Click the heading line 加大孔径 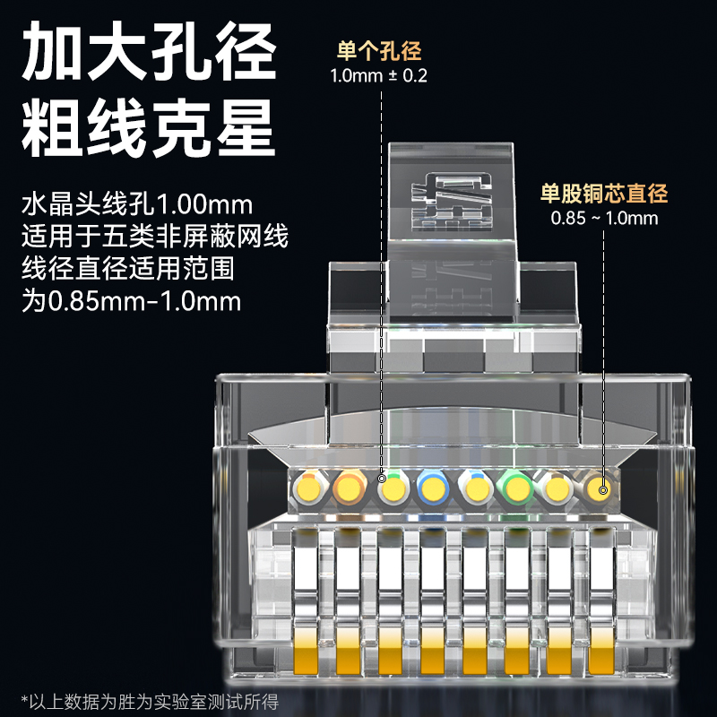149,51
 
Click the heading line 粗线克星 149,129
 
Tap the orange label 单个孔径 379,51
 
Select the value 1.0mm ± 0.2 378,75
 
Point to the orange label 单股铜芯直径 604,193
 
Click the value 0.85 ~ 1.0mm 604,218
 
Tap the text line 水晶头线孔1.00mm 137,204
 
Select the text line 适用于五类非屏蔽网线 154,237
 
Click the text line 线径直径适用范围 128,268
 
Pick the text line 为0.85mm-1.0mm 131,301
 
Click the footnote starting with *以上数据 150,702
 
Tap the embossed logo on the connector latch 453,200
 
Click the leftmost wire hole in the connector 309,490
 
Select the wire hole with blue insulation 433,489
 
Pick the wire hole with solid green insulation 515,489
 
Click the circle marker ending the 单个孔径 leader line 382,479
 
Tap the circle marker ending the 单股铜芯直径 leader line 603,490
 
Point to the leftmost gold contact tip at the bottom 305,652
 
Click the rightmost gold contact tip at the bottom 601,652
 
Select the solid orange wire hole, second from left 350,489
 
